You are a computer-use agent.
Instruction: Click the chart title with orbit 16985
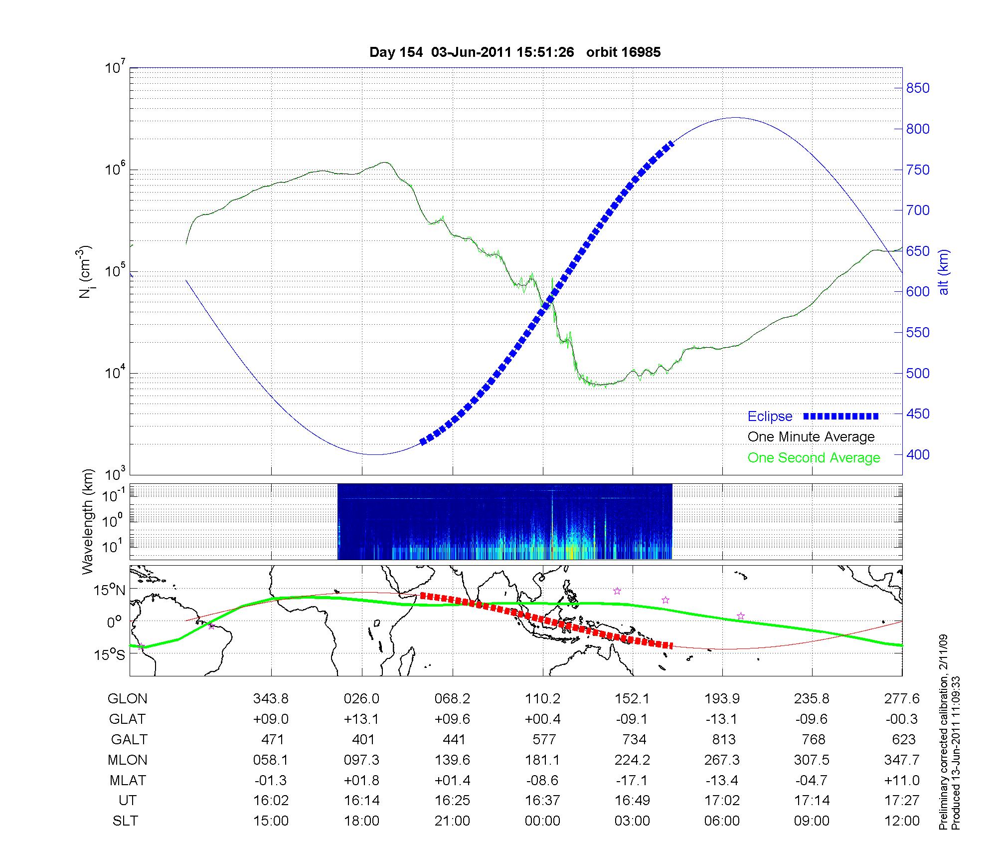[x=515, y=52]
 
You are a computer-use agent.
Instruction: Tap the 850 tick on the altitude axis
[x=918, y=88]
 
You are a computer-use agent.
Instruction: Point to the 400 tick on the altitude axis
[x=918, y=454]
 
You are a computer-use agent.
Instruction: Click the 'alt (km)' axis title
[x=944, y=272]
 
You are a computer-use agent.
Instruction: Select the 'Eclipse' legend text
[x=770, y=417]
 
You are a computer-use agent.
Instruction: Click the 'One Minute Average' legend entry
[x=811, y=437]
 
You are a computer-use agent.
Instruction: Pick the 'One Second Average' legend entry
[x=814, y=458]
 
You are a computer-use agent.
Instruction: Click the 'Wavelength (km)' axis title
[x=88, y=521]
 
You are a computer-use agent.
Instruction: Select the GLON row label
[x=127, y=699]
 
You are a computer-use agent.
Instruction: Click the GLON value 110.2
[x=542, y=699]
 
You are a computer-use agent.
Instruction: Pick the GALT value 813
[x=723, y=739]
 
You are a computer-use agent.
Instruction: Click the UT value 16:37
[x=542, y=801]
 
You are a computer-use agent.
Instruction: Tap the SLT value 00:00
[x=542, y=821]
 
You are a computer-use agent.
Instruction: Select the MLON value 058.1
[x=271, y=760]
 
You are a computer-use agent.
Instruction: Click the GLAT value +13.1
[x=361, y=719]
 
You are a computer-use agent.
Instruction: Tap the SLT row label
[x=125, y=821]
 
